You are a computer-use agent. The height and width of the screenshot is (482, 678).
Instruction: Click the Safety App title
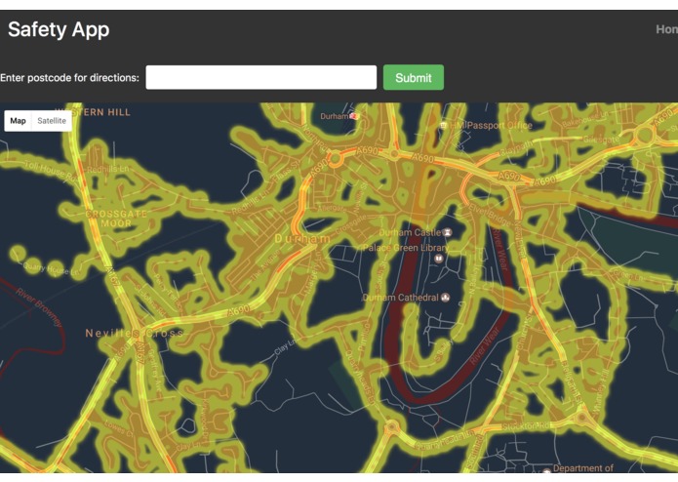pos(59,29)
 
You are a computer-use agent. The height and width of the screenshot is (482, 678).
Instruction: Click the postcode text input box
pos(260,77)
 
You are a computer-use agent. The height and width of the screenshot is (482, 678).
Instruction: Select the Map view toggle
pos(19,121)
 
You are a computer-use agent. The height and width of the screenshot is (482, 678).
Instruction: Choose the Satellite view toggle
pos(52,121)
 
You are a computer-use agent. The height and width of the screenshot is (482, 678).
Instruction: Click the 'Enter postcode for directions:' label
pos(69,78)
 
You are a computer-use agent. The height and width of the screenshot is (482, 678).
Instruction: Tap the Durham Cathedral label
pos(399,298)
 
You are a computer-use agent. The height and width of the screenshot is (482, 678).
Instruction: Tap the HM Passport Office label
pos(499,126)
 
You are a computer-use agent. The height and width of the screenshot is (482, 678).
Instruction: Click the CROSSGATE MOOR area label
pos(117,218)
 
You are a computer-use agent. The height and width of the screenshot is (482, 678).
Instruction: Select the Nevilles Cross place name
pos(134,333)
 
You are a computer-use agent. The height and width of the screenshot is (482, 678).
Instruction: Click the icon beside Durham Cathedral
pos(446,298)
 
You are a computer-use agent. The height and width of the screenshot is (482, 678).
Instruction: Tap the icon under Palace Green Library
pos(438,260)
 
